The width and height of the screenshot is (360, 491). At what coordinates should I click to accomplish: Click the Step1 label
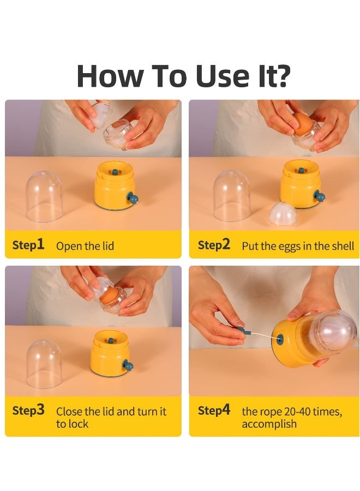28,244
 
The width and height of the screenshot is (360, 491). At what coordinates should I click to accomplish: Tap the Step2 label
214,244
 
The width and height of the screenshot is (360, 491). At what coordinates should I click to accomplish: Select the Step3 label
28,410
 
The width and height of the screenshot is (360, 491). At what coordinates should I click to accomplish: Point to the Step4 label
214,410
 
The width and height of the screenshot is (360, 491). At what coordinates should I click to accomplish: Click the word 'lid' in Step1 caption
108,246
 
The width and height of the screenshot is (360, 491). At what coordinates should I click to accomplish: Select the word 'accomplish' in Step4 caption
269,424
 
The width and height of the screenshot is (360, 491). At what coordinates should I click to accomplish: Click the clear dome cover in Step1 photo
44,196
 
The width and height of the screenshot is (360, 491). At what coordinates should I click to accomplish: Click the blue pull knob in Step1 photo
132,198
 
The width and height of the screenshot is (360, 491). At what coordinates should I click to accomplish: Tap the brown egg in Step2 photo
301,123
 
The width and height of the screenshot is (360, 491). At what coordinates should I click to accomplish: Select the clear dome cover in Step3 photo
44,364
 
